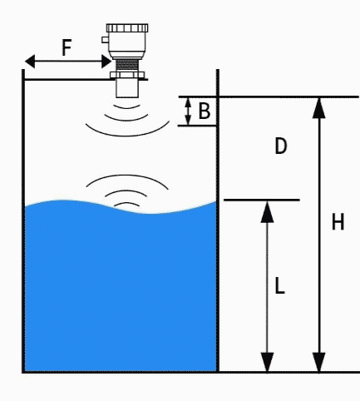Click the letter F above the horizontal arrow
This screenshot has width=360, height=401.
click(x=67, y=47)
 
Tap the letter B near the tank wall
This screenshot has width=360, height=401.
click(x=205, y=111)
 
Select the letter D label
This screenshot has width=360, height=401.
click(x=281, y=146)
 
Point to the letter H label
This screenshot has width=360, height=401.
click(x=338, y=222)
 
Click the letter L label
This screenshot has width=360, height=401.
click(x=280, y=286)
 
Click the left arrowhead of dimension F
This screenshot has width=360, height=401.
click(x=30, y=62)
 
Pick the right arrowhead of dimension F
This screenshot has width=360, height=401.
click(x=106, y=62)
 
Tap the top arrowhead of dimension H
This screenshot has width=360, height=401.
click(x=318, y=108)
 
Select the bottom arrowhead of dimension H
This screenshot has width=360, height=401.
click(x=318, y=362)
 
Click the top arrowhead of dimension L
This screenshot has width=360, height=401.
click(x=267, y=212)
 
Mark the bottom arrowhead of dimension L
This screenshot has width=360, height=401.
click(x=267, y=362)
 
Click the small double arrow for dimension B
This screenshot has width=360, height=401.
click(x=188, y=111)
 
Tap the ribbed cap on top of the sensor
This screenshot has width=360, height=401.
click(x=127, y=28)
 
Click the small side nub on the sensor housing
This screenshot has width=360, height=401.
click(x=105, y=40)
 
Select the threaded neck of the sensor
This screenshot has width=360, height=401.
click(x=127, y=66)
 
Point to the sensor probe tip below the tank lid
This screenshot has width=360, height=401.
click(x=127, y=89)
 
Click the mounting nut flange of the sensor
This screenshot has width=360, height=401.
click(x=127, y=75)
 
